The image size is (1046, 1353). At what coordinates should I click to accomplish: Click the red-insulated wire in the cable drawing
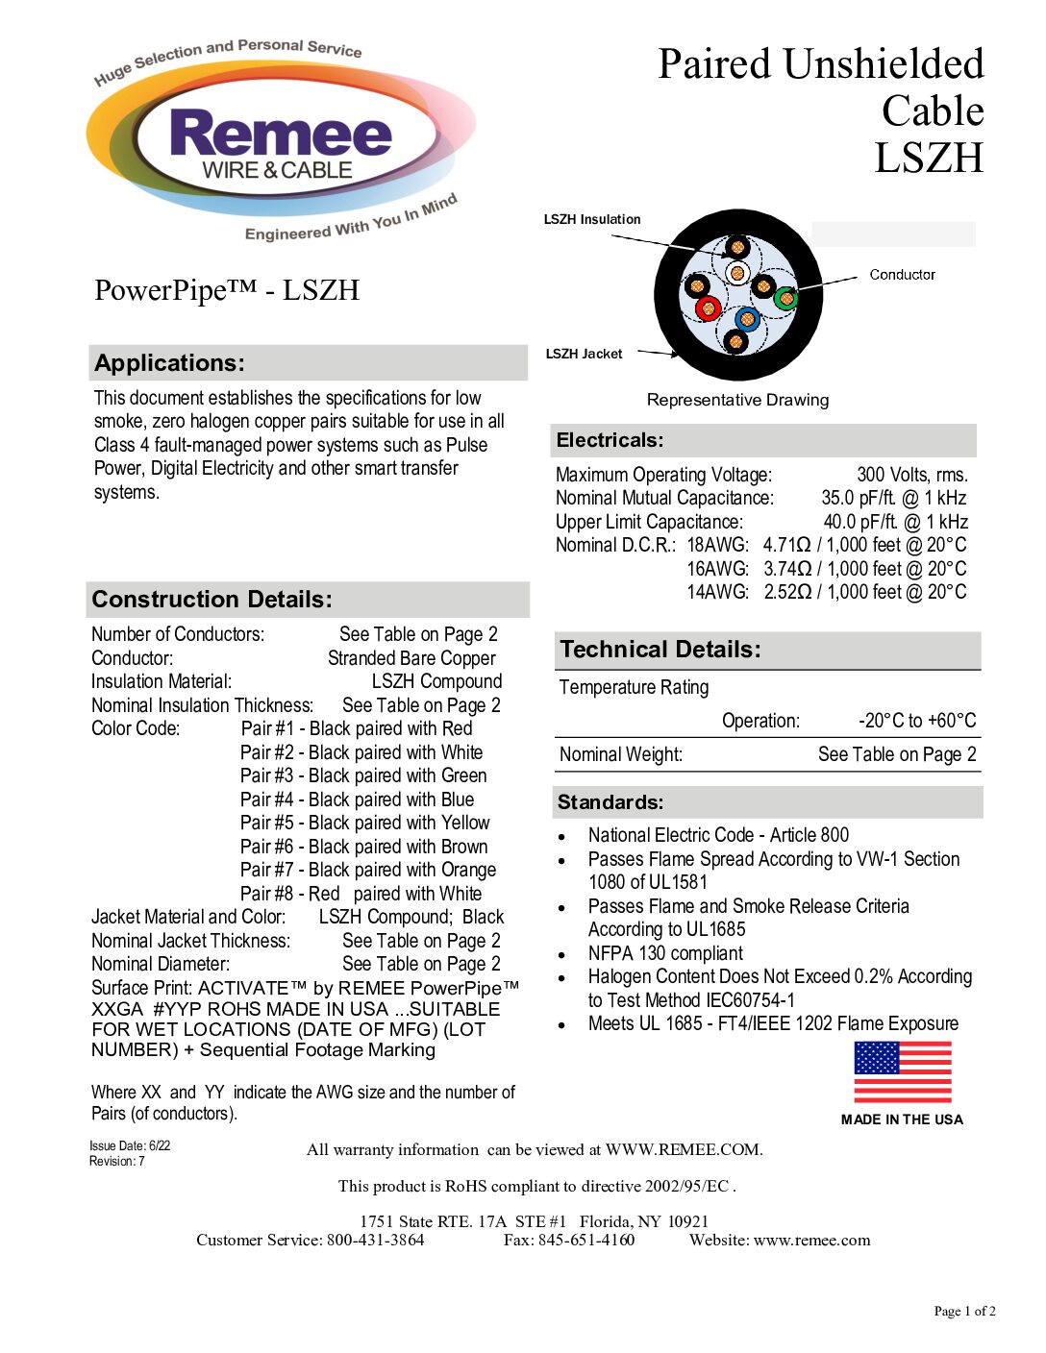(709, 308)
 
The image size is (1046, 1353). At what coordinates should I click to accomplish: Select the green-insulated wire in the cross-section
(785, 298)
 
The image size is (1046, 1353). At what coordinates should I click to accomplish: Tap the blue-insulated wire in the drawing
(746, 320)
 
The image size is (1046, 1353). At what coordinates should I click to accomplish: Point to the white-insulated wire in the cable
(736, 274)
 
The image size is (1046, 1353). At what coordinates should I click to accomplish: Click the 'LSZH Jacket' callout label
(584, 354)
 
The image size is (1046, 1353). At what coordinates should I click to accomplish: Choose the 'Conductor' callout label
(902, 275)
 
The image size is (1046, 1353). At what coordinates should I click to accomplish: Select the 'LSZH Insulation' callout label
(592, 219)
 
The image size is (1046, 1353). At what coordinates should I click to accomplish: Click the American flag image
(902, 1072)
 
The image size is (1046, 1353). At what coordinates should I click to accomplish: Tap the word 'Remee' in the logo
(281, 134)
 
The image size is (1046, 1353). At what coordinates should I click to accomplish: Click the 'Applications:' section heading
(170, 363)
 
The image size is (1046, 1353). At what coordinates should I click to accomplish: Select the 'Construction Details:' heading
(212, 600)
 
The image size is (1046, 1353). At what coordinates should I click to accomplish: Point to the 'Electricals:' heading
(610, 440)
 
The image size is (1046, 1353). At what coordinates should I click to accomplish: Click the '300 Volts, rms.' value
(911, 475)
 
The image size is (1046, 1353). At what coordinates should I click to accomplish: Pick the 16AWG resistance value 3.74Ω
(787, 569)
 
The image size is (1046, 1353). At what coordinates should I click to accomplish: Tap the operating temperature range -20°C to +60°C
(916, 721)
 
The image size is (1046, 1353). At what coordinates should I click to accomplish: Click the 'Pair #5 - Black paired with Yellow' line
(364, 823)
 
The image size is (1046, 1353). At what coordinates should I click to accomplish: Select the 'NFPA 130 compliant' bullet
(665, 953)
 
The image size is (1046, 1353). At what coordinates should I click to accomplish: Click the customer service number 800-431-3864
(375, 1240)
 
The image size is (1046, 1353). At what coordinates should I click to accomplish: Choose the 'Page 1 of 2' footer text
(964, 1311)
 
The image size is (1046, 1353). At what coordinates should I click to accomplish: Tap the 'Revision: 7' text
(117, 1161)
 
